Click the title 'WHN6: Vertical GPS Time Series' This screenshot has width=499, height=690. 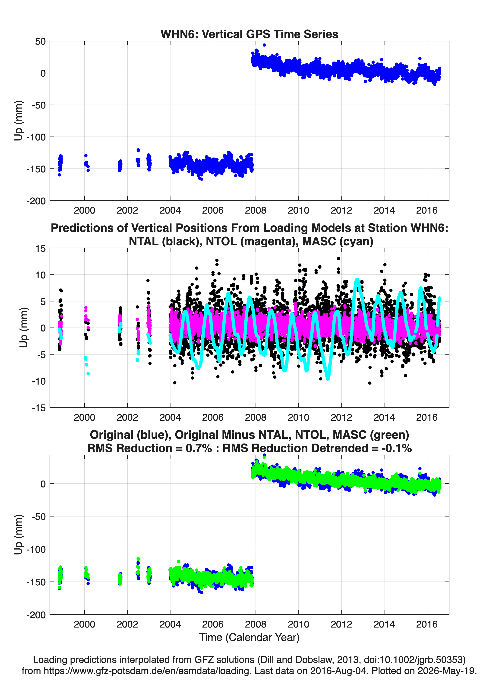[249, 34]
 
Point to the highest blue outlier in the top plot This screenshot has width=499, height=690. [264, 45]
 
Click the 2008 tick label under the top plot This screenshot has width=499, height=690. [256, 210]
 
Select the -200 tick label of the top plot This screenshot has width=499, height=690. [36, 201]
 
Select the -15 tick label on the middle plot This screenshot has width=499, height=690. [39, 408]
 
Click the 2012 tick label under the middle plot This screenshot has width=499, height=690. [341, 417]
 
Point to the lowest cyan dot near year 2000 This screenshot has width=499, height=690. [88, 374]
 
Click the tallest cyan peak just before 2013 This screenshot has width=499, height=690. [357, 280]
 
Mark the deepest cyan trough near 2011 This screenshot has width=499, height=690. [328, 378]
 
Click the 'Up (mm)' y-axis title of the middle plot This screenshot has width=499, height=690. [23, 328]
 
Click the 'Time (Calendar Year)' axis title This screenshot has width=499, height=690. [249, 637]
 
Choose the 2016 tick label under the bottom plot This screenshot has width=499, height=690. [427, 624]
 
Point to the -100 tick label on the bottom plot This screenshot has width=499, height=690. [36, 549]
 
